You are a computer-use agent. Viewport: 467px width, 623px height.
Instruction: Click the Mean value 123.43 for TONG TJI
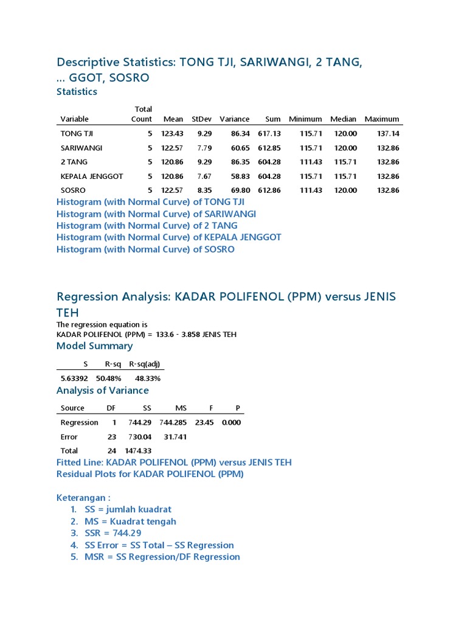coord(173,133)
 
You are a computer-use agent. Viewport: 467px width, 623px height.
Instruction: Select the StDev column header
coord(201,119)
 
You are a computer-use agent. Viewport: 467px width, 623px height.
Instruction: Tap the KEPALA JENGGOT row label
coord(92,176)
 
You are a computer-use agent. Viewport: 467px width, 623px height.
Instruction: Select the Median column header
coord(344,119)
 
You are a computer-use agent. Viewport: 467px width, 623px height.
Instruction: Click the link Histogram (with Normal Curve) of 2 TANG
coord(147,226)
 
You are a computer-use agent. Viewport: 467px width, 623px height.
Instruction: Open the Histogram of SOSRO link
coord(145,249)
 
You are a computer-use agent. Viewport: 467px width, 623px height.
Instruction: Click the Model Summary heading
coord(94,346)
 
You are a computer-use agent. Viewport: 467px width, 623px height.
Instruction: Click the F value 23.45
coord(205,422)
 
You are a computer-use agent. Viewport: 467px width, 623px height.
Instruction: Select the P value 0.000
coord(231,422)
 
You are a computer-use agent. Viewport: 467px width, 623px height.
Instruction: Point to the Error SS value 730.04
coord(139,437)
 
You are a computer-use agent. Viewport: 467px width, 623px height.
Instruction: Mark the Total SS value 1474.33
coord(137,451)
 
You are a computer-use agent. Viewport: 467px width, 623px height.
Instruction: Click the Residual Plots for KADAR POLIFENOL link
coord(150,474)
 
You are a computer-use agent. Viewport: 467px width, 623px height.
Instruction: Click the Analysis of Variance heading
coord(102,391)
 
